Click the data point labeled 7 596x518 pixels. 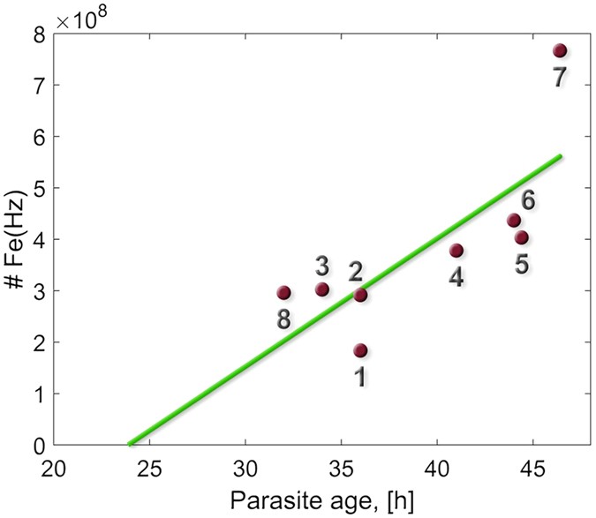(x=559, y=50)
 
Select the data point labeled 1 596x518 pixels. (x=360, y=350)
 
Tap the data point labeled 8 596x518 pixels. (x=283, y=293)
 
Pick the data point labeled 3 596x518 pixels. (x=322, y=289)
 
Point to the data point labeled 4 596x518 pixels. (x=456, y=251)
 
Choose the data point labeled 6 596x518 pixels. (x=513, y=220)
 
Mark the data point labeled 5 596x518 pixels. (x=521, y=237)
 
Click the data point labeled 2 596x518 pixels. (x=360, y=295)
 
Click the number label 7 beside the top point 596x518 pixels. (x=559, y=78)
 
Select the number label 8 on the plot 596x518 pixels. (x=283, y=319)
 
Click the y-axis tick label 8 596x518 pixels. (x=40, y=34)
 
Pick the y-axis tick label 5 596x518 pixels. (x=40, y=188)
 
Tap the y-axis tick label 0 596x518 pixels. (x=40, y=446)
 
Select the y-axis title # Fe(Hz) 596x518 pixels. (x=15, y=240)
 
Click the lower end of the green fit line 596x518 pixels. (x=131, y=444)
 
